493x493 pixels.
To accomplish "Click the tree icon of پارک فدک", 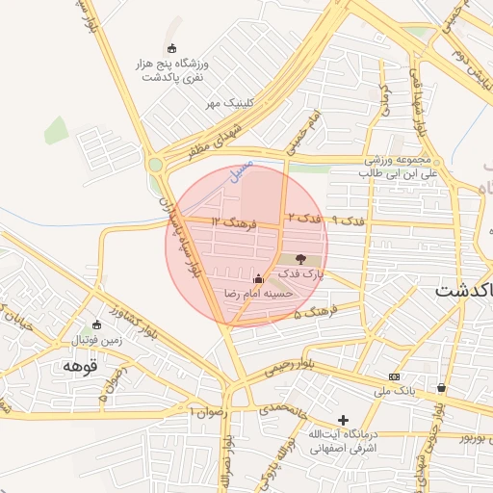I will pos(300,259).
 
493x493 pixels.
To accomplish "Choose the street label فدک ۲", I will pos(303,220).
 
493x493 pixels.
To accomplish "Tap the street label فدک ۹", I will pos(349,221).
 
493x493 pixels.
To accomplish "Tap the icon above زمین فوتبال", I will pos(95,324).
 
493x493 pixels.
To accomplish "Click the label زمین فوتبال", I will pos(96,340).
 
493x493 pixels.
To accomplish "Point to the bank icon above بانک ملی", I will pos(394,376).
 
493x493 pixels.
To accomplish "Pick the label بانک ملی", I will pos(393,391).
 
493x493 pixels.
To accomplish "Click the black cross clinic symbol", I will pos(343,420).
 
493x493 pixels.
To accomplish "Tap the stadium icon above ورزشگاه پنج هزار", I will pos(172,49).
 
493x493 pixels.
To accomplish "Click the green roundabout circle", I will pos(155,165).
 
